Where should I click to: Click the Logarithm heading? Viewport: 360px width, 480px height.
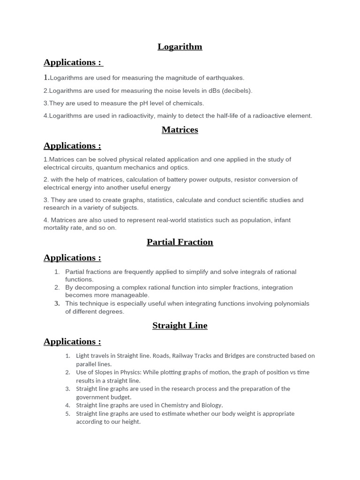click(x=180, y=47)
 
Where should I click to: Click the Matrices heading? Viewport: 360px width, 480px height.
click(x=180, y=130)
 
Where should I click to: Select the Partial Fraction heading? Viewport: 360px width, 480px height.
click(x=180, y=242)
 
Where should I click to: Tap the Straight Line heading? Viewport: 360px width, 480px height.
click(x=180, y=326)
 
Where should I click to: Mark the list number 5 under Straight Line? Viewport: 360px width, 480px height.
click(x=67, y=414)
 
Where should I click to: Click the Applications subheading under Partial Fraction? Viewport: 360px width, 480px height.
click(x=72, y=258)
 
